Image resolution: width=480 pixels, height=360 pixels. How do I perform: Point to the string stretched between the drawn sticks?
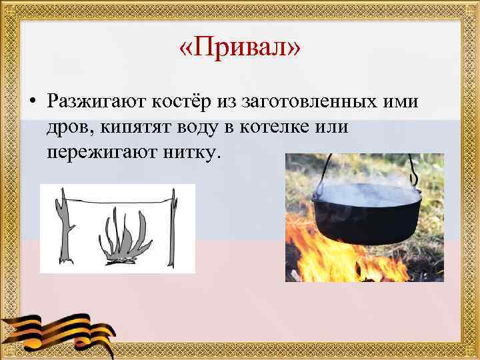[120, 200]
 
